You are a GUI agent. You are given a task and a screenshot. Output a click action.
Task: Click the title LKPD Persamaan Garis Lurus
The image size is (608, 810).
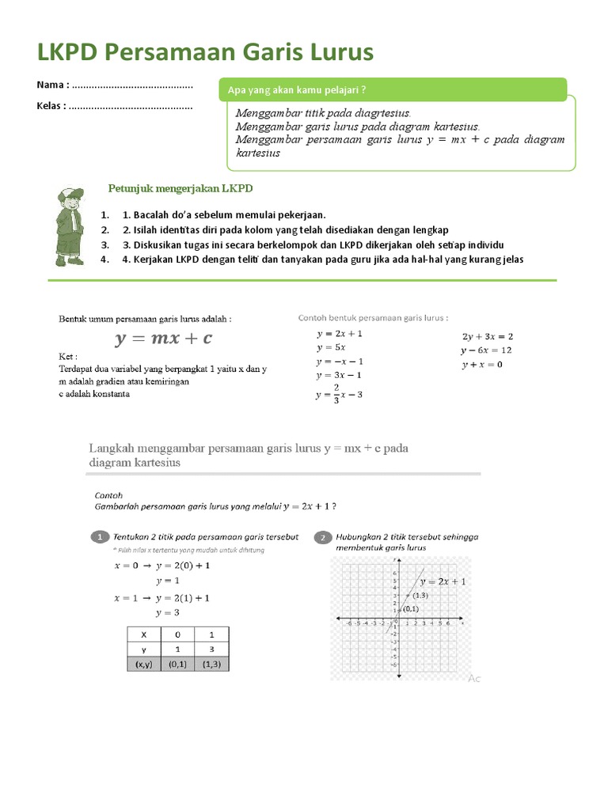tap(205, 52)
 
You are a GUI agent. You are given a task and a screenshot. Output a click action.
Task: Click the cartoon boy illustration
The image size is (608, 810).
tap(70, 226)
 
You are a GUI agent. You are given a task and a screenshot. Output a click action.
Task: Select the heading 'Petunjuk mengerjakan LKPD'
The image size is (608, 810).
tap(180, 188)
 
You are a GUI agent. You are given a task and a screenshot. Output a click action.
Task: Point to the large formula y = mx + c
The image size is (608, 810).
tap(164, 339)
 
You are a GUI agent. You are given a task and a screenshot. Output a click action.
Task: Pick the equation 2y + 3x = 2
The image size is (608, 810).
tap(488, 336)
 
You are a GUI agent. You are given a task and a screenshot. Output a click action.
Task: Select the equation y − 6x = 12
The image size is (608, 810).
tap(486, 350)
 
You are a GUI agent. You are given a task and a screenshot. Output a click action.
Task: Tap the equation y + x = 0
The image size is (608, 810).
tap(481, 364)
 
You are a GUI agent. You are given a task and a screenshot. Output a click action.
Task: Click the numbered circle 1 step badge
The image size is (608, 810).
tap(100, 537)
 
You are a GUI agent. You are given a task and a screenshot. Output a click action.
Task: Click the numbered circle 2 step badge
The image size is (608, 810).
tap(323, 537)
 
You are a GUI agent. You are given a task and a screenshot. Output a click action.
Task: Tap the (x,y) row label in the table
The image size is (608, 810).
tap(144, 664)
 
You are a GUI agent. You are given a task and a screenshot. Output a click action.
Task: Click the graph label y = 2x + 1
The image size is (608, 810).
tap(443, 581)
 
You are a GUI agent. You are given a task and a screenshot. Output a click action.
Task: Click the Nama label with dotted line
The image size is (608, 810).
tap(115, 85)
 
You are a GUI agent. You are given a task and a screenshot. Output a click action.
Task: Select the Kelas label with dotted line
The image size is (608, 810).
tap(115, 106)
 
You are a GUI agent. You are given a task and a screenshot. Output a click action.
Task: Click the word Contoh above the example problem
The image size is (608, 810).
tap(108, 494)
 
